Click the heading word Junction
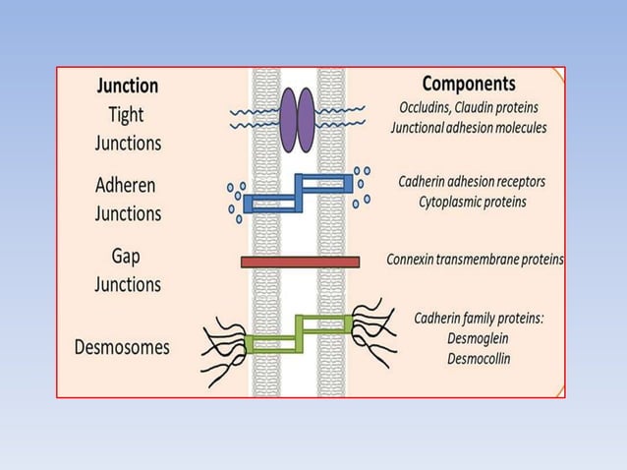[128, 87]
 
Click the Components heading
[468, 84]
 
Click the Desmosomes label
[122, 347]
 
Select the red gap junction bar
[300, 262]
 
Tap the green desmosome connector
[300, 333]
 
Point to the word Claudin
[494, 107]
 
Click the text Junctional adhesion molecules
[468, 128]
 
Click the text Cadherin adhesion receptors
[472, 181]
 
